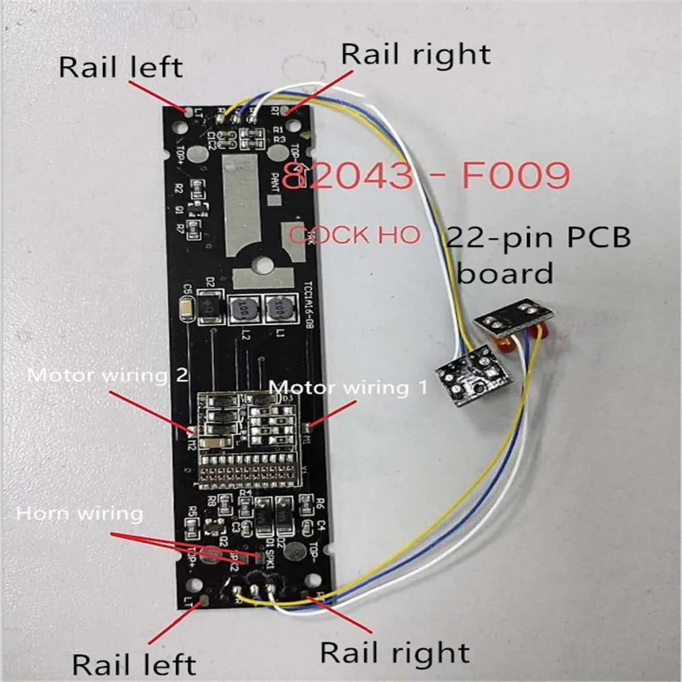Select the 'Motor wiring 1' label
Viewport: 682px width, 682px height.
pyautogui.click(x=348, y=387)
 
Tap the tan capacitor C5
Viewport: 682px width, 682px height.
pyautogui.click(x=185, y=310)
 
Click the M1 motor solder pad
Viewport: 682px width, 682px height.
pyautogui.click(x=308, y=428)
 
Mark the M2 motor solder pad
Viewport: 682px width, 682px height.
pyautogui.click(x=192, y=430)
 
